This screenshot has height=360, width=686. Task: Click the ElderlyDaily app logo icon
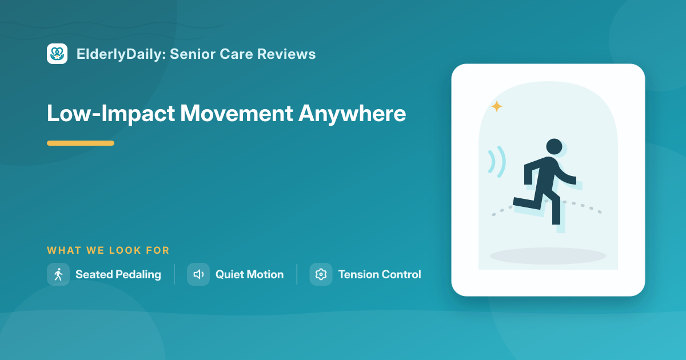point(57,54)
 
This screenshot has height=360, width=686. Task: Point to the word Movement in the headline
point(237,114)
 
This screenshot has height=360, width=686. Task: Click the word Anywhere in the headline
point(352,114)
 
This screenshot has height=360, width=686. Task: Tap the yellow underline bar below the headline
point(81,143)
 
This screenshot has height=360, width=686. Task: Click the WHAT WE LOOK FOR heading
point(108,250)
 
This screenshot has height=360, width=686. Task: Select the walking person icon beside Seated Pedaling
point(58,274)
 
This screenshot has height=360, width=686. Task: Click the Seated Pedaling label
point(118,275)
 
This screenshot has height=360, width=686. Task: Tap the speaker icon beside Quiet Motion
point(198,274)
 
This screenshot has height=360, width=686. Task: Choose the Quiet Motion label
point(250,274)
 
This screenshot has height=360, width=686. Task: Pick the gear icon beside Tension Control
point(321,274)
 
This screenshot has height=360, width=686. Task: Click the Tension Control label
point(380,274)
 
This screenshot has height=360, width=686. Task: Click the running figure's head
point(554,147)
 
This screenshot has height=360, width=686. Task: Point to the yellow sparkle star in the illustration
point(497,106)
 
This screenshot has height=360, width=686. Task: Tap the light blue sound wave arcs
point(497,162)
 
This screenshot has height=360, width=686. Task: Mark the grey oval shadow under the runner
point(548,256)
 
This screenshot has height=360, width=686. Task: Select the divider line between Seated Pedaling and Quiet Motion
point(174,274)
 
